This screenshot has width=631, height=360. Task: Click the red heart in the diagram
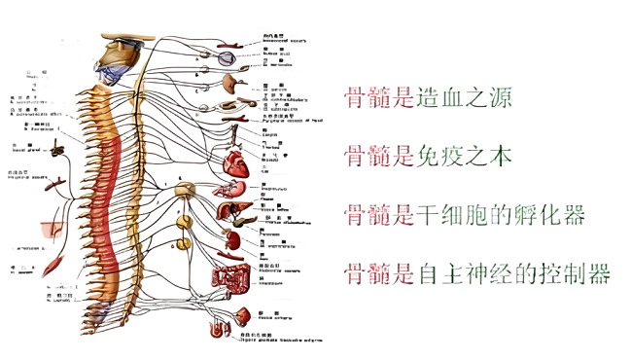tap(237, 165)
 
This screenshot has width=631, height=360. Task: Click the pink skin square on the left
tap(50, 225)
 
